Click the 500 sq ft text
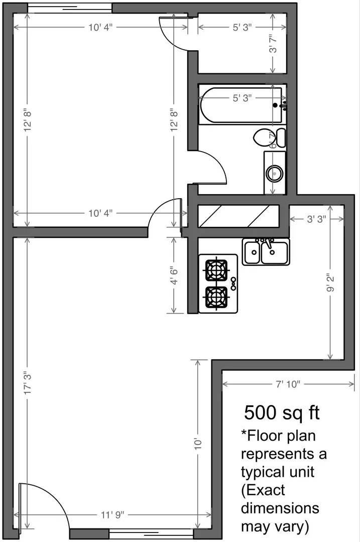282,413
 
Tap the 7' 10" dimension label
288,384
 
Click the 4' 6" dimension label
174,276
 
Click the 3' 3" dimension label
316,219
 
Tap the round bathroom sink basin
274,174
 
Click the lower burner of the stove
216,297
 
